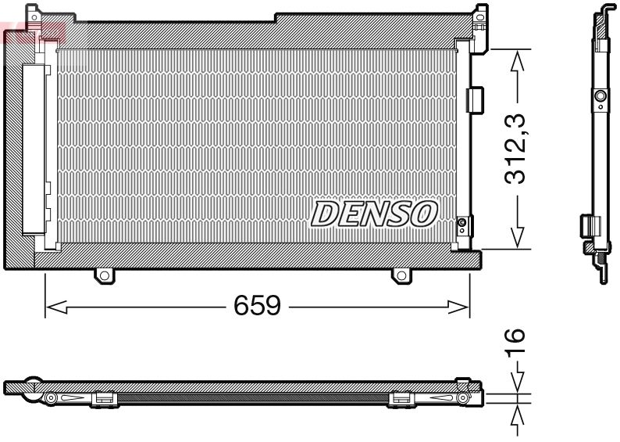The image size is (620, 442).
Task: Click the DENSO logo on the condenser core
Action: (375, 214)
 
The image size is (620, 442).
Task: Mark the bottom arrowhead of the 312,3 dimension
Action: (515, 238)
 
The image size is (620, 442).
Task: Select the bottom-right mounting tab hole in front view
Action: (401, 275)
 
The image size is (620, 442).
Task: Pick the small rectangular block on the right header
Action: (474, 99)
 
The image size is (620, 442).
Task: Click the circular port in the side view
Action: (600, 96)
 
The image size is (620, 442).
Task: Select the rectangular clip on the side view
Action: (586, 225)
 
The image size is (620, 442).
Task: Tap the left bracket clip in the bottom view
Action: (104, 399)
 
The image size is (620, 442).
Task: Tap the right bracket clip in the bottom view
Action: (401, 399)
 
